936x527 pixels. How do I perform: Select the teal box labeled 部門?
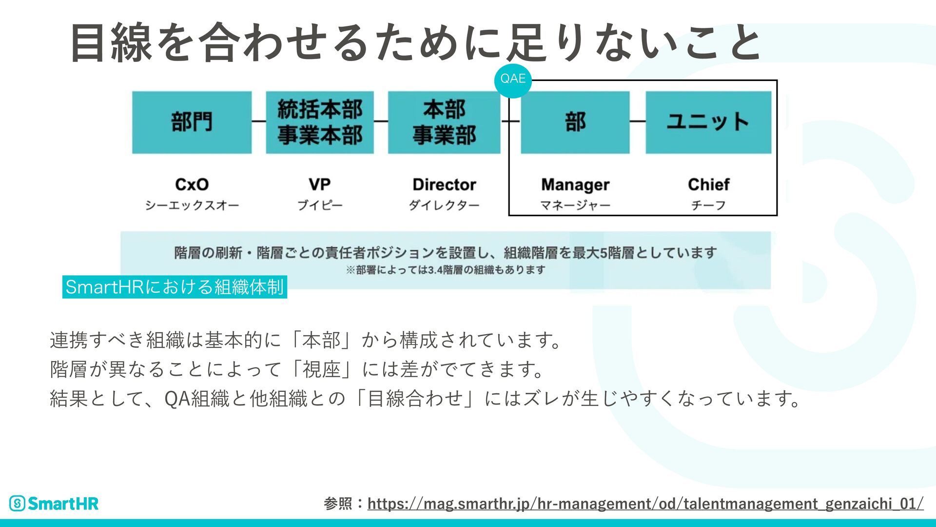192,122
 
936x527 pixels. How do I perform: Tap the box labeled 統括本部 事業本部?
320,122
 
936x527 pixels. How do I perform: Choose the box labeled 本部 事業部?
444,122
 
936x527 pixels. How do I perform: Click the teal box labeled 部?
575,122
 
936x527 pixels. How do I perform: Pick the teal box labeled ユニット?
708,122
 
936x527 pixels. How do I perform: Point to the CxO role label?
192,184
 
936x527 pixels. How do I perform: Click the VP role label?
319,184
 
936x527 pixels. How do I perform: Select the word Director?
444,184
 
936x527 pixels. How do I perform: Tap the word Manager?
575,185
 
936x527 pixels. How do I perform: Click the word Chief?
708,184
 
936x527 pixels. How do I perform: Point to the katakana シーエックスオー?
192,205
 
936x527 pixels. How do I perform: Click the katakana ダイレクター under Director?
444,205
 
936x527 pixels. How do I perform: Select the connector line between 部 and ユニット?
638,121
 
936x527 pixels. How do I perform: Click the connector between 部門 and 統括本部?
259,121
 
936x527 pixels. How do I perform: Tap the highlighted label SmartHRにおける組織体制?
175,287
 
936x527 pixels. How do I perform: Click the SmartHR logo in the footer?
54,504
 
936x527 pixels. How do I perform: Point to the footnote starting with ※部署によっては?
445,270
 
